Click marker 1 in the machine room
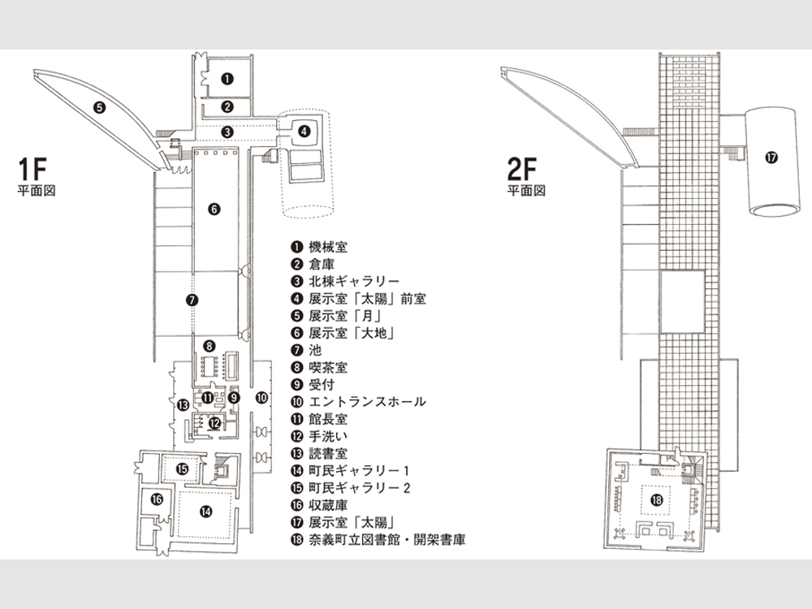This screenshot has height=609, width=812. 227,79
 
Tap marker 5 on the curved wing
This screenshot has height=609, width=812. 99,107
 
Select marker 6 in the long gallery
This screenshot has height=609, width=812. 214,209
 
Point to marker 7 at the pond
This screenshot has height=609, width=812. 192,300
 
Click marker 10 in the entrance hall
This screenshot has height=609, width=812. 262,398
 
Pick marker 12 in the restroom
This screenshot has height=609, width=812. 214,423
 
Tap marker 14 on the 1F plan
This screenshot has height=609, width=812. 206,512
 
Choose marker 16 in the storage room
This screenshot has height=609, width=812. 157,499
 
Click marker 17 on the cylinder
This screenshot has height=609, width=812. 771,158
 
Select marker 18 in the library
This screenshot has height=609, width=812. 657,500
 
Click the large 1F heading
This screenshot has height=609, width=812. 32,168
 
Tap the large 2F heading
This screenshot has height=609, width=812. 522,168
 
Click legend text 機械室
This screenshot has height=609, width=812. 328,247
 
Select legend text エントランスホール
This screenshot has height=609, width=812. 367,401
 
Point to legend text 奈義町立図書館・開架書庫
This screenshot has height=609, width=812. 387,539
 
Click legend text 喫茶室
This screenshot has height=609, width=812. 328,367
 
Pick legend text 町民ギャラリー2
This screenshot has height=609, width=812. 360,488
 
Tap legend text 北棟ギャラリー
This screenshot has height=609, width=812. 354,281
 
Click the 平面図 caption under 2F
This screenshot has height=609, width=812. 526,191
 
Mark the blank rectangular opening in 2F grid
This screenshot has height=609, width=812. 683,301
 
